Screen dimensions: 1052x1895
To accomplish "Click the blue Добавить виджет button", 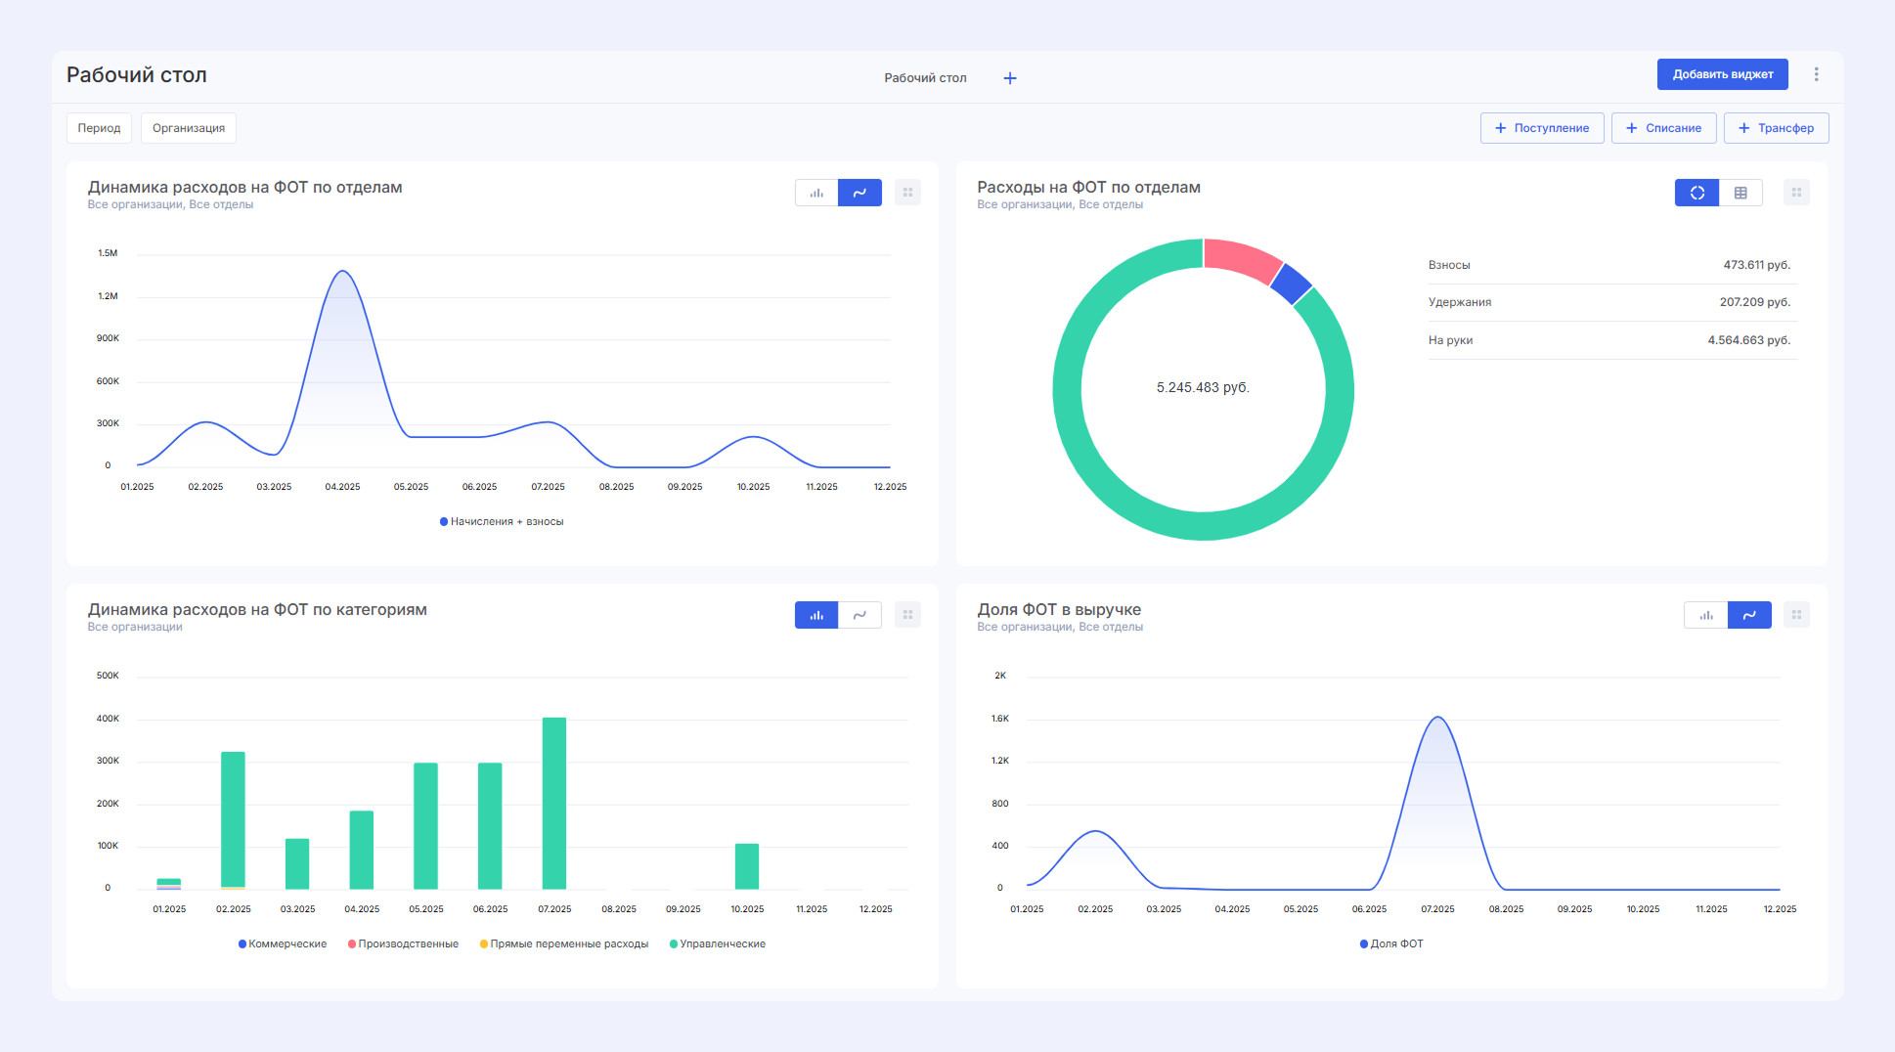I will coord(1722,74).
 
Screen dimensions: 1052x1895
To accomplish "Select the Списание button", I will coord(1663,128).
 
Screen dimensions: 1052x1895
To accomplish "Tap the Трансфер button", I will coord(1776,128).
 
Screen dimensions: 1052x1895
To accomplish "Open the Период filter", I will coord(99,128).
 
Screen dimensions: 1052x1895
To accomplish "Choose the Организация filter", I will coord(189,128).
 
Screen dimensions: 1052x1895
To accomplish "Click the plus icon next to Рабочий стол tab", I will coord(1010,78).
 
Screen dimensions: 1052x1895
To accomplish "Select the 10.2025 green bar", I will coord(747,866).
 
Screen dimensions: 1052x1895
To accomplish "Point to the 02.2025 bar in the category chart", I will coord(233,819).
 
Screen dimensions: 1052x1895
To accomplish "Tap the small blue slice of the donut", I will coord(1292,284).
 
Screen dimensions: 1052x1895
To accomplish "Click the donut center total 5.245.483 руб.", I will coord(1203,388).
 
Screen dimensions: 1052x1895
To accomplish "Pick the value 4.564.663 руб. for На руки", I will coord(1748,340).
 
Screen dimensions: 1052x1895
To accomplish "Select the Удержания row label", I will coord(1459,302).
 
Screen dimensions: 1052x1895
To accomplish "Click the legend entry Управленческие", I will coord(722,943).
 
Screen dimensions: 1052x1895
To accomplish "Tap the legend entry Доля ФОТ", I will coord(1396,943).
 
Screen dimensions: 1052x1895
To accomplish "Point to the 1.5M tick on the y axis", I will coord(108,253).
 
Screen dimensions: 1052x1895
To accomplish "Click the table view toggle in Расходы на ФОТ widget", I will coord(1741,193).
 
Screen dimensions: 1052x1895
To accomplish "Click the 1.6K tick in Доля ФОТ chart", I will coord(999,719).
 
